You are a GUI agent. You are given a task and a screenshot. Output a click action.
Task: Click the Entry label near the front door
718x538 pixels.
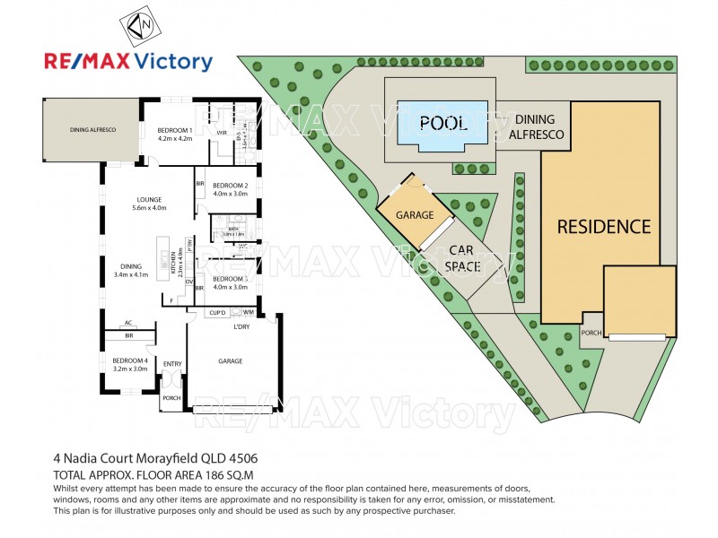pos(172,363)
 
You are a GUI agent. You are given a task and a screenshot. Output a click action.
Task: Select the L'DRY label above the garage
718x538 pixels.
pos(241,325)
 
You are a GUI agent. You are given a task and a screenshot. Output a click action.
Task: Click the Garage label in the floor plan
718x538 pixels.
pos(232,360)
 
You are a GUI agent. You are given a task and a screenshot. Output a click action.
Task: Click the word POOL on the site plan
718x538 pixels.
pos(443,124)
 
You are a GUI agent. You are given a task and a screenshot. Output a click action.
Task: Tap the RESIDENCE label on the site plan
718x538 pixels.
pos(604,227)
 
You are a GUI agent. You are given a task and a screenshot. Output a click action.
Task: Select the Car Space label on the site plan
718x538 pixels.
pos(463,258)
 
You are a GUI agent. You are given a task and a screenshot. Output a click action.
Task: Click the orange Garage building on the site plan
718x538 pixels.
pos(415,215)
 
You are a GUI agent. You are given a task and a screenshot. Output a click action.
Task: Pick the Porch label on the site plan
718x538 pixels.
pos(591,333)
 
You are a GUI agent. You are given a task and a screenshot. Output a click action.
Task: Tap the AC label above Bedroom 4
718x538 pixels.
pos(129,323)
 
